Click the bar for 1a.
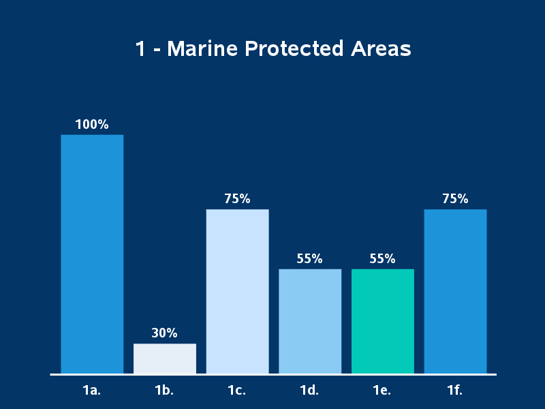click(92, 254)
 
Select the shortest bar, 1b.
click(165, 359)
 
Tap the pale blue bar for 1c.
click(237, 291)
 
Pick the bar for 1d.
click(310, 321)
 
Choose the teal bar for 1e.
click(382, 321)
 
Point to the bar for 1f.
click(455, 291)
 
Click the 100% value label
click(92, 125)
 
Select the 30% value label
click(165, 333)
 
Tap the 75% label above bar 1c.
click(237, 199)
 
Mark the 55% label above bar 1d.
click(310, 259)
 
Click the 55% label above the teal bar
click(382, 259)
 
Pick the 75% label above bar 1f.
click(455, 199)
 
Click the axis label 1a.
click(92, 391)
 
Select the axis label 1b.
click(165, 391)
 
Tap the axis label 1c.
click(237, 391)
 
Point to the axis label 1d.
click(310, 391)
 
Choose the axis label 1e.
click(382, 391)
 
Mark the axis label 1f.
click(455, 391)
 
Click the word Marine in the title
click(202, 50)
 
